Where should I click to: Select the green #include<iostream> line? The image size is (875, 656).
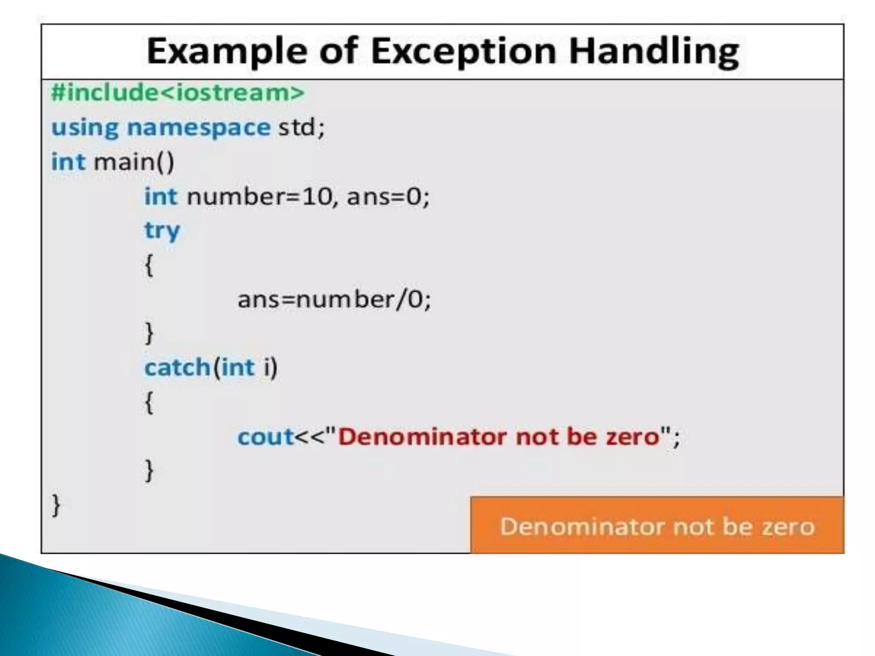click(x=178, y=93)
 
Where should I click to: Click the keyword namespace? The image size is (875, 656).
click(x=199, y=127)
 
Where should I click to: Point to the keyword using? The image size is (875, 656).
click(x=85, y=127)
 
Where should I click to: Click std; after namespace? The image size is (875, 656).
click(x=302, y=127)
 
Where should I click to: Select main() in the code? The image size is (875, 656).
click(x=134, y=162)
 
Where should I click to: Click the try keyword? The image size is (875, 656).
click(x=162, y=231)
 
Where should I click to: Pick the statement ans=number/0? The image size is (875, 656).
click(x=334, y=299)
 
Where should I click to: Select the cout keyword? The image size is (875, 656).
click(x=265, y=437)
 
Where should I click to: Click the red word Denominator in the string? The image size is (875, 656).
click(x=422, y=437)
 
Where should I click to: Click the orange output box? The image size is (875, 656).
click(x=657, y=525)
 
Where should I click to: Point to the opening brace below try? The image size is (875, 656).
click(x=149, y=265)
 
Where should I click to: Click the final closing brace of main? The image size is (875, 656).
click(x=56, y=505)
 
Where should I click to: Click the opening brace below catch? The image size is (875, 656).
click(x=149, y=402)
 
